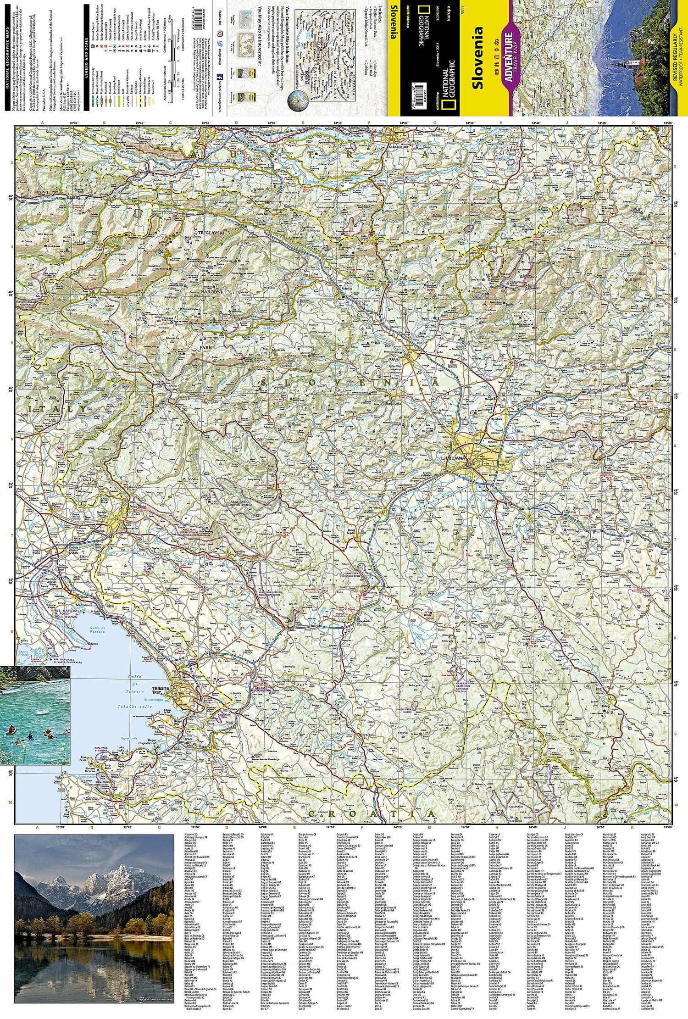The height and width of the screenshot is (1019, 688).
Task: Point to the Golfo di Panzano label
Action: [x=97, y=630]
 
